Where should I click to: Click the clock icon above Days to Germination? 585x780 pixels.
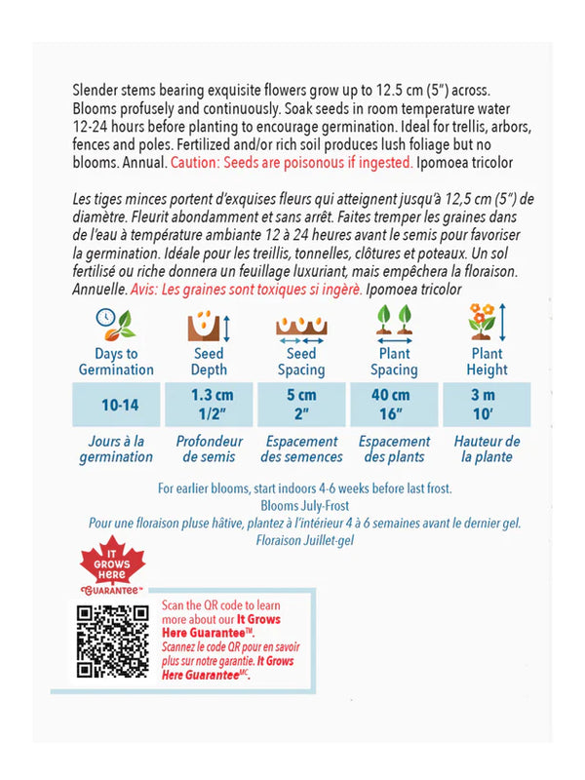pyautogui.click(x=115, y=323)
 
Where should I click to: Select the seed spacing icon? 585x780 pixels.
pyautogui.click(x=301, y=324)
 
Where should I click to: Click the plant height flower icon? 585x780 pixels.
pyautogui.click(x=486, y=323)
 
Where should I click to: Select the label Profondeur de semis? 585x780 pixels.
pyautogui.click(x=209, y=448)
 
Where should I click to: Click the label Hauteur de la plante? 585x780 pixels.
pyautogui.click(x=487, y=448)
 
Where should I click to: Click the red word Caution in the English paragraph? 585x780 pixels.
pyautogui.click(x=196, y=163)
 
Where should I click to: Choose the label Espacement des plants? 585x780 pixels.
pyautogui.click(x=394, y=448)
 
